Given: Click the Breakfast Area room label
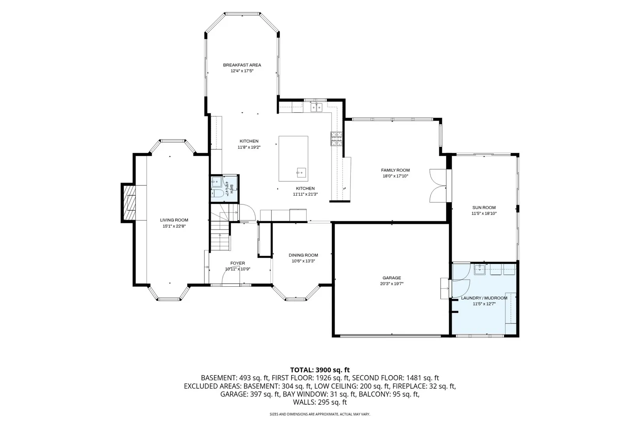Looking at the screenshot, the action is coord(242,65).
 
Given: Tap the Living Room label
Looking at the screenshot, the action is coord(174,220).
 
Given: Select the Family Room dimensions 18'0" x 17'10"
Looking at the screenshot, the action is coord(395,176).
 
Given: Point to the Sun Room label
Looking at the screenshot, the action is coord(484,207).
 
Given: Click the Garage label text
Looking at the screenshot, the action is coord(392,278).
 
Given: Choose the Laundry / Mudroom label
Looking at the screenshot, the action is coord(484,298).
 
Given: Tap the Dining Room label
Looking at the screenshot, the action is coord(303,255).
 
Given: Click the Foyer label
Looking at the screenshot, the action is coord(237,263).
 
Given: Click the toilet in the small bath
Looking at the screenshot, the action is coord(218,193).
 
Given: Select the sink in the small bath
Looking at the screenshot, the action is coord(216,182).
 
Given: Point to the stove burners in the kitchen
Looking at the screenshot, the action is coord(337,139).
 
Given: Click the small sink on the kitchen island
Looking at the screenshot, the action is coord(301,173).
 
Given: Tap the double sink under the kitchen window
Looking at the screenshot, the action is coord(316,107).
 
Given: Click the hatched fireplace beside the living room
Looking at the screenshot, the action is coord(129,203).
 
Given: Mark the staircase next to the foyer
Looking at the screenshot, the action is coord(220,231).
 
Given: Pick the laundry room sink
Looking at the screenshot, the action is coord(480,269).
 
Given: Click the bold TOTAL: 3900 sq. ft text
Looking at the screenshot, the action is coord(320,370).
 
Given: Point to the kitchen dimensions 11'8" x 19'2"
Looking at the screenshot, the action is coord(249,147).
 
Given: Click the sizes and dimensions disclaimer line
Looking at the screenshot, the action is coord(320,414).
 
